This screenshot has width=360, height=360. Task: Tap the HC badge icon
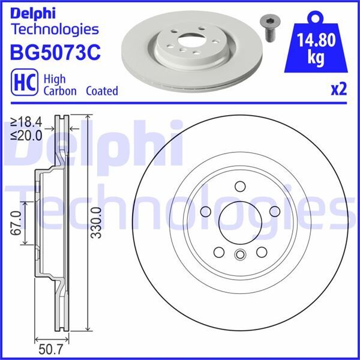22,82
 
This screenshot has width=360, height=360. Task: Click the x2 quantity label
339,90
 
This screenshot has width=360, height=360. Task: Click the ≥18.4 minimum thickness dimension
26,121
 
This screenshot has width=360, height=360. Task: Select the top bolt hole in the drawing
239,186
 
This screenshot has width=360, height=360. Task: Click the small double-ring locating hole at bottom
239,254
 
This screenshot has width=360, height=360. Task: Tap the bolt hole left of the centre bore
206,211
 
